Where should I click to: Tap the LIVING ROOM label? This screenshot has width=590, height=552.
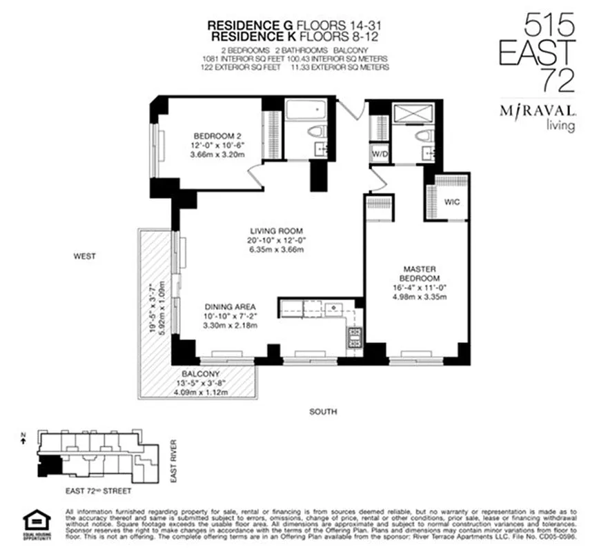(277, 231)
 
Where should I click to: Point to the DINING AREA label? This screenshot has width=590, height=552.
(230, 306)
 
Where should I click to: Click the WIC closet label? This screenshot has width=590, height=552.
(452, 203)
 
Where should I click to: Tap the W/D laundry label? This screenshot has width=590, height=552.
(380, 153)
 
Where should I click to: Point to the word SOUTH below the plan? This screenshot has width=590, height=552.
(323, 412)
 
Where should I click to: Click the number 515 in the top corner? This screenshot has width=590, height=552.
(550, 26)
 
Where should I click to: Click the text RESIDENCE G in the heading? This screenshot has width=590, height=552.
(244, 25)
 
